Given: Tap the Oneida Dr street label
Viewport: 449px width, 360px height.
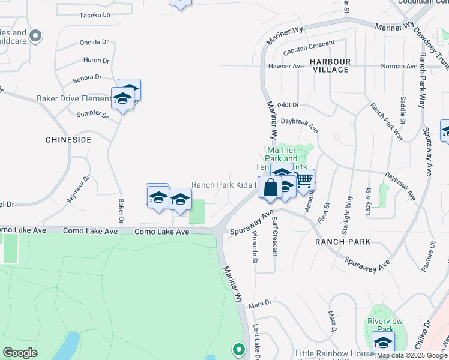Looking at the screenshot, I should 94,43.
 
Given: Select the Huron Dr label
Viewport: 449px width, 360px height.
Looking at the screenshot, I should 97,61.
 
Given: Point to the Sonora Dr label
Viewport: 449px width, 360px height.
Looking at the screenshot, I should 88,77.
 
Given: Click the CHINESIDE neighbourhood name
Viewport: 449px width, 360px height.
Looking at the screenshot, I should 68,139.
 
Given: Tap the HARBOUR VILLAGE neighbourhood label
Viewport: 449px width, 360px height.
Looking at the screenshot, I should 330,65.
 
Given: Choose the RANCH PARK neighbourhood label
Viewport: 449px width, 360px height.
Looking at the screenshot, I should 342,242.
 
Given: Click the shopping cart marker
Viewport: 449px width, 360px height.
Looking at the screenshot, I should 304,179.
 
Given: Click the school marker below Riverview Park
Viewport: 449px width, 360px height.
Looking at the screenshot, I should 382,343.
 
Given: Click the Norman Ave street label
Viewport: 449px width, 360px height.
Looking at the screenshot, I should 399,66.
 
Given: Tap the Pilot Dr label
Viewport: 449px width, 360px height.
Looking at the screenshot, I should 288,105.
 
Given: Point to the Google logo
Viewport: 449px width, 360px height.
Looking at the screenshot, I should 20,353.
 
